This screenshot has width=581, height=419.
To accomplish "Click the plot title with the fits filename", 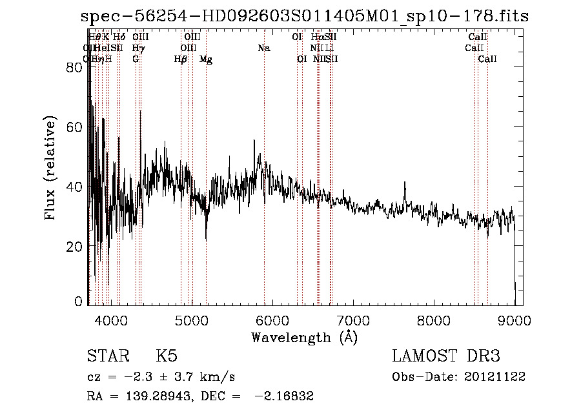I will coord(304,17).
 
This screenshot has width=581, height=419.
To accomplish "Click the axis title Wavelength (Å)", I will coord(304,337).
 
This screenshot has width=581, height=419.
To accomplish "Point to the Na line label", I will coord(263,48).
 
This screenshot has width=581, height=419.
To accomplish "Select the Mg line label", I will coord(206,59).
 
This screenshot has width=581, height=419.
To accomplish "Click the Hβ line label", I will coord(181,59).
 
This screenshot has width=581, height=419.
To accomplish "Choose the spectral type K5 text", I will coord(167,356).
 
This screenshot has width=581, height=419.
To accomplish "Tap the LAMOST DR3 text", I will coord(446,356).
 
